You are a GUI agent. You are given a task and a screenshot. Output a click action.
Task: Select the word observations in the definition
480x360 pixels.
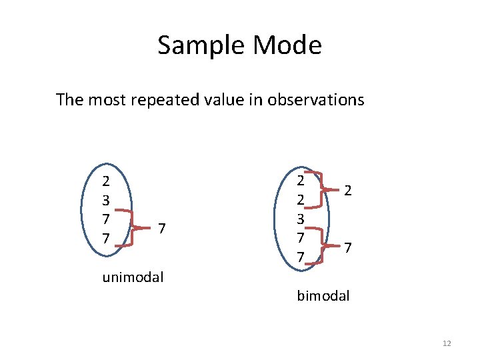(315, 100)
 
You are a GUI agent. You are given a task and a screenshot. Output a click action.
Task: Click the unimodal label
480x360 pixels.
(133, 277)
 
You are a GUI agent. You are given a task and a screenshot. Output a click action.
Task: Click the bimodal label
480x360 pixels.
(323, 295)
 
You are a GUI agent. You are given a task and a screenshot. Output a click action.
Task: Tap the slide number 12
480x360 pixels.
(447, 343)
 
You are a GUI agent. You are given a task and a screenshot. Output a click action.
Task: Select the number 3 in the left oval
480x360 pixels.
(106, 200)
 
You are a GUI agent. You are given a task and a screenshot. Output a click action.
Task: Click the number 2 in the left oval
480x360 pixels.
(106, 181)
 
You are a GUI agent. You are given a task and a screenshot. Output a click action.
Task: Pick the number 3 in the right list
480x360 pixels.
(301, 219)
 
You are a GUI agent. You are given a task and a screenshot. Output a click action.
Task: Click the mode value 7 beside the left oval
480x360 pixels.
(162, 229)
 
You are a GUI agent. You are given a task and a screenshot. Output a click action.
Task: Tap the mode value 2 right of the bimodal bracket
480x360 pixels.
(348, 191)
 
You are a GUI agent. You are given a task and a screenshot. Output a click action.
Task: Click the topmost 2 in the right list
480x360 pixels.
(301, 180)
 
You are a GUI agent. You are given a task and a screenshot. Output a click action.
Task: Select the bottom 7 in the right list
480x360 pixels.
(301, 257)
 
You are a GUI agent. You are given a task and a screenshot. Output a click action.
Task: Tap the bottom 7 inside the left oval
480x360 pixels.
(106, 238)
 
